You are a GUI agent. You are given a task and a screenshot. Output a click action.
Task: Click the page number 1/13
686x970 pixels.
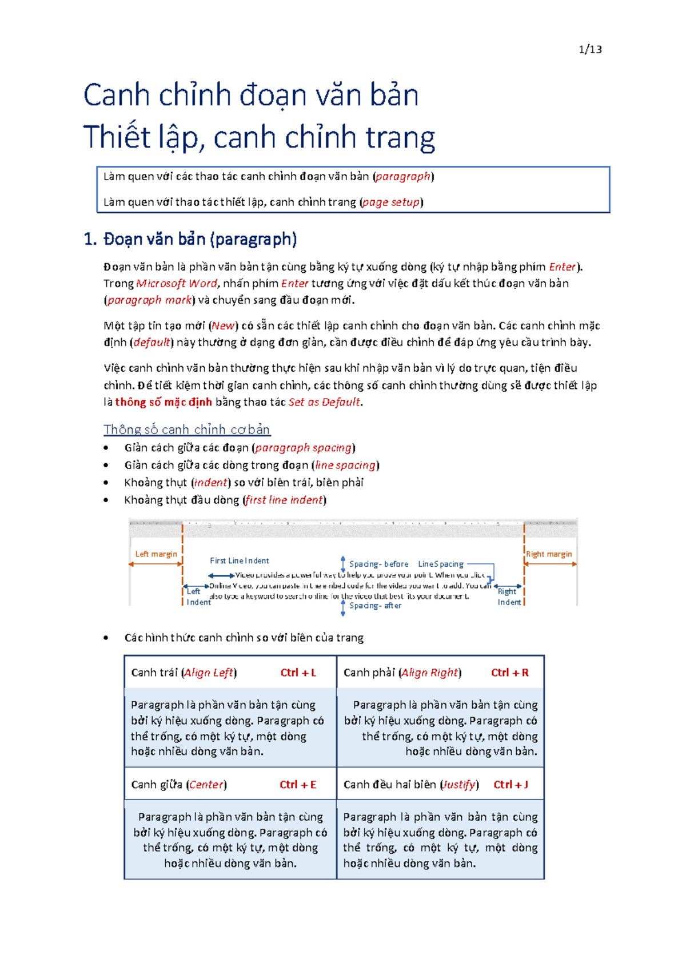pyautogui.click(x=590, y=49)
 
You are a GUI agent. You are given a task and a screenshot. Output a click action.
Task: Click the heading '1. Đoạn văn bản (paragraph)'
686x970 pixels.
pyautogui.click(x=190, y=239)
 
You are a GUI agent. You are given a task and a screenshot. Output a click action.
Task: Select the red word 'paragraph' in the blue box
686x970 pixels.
pyautogui.click(x=403, y=177)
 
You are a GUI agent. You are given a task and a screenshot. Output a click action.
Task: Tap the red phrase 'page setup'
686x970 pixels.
pyautogui.click(x=392, y=202)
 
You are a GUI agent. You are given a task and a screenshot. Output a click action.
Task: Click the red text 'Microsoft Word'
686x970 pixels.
pyautogui.click(x=177, y=284)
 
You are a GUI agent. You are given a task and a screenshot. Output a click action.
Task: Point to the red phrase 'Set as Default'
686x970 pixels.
pyautogui.click(x=324, y=402)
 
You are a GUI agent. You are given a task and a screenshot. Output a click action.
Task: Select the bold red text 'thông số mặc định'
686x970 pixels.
pyautogui.click(x=163, y=402)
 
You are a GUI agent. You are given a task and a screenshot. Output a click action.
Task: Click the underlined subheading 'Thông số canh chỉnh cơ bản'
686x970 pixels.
pyautogui.click(x=187, y=430)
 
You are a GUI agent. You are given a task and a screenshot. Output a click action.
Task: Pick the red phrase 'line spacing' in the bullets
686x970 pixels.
pyautogui.click(x=345, y=466)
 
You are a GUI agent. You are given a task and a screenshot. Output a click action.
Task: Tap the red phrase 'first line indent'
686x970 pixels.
pyautogui.click(x=284, y=500)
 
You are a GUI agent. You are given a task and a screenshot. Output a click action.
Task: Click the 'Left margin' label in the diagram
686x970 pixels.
pyautogui.click(x=156, y=554)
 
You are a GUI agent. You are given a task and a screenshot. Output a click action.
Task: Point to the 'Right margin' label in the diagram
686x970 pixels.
pyautogui.click(x=549, y=554)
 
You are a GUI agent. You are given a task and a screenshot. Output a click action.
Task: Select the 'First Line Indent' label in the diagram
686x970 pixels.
pyautogui.click(x=239, y=560)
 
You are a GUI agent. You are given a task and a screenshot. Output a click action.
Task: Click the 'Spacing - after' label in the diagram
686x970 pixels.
pyautogui.click(x=375, y=605)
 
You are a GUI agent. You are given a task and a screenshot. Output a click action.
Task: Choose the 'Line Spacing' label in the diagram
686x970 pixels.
pyautogui.click(x=440, y=564)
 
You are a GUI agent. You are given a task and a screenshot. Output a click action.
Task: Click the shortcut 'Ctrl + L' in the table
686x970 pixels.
pyautogui.click(x=298, y=673)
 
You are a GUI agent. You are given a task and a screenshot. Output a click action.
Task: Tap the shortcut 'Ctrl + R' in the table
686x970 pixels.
pyautogui.click(x=509, y=673)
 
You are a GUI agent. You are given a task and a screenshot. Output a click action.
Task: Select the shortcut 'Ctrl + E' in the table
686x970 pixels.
pyautogui.click(x=298, y=785)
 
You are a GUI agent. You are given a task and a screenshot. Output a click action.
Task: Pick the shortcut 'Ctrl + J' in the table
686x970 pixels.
pyautogui.click(x=510, y=785)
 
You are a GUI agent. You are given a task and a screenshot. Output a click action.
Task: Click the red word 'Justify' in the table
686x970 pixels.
pyautogui.click(x=459, y=785)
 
